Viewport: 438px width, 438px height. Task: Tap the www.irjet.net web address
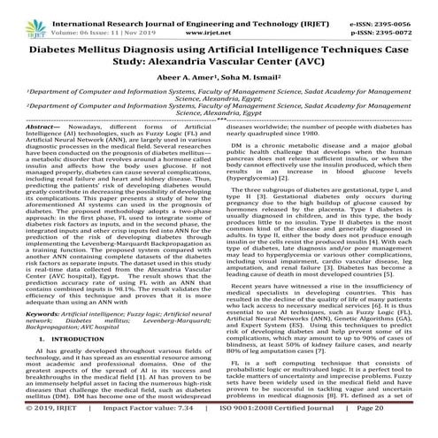[219, 16]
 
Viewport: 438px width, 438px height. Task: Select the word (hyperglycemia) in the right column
[260, 192]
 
